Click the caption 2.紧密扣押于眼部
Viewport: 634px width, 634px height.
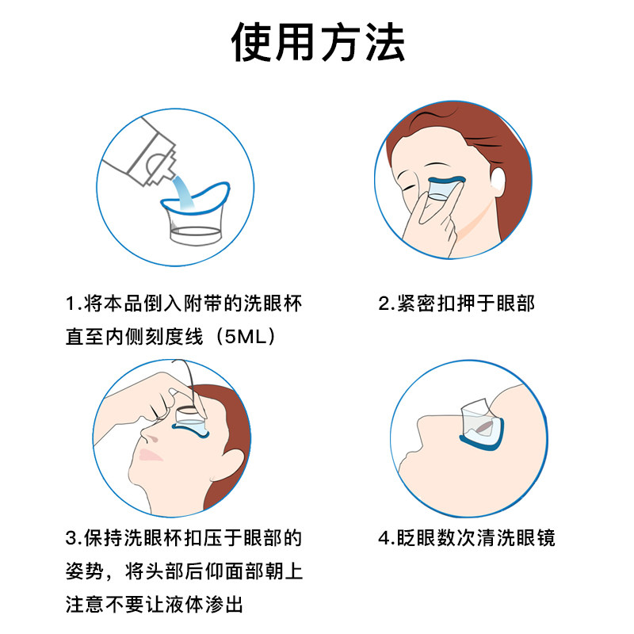(456, 304)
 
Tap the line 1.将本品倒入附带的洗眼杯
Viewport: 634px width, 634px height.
(183, 304)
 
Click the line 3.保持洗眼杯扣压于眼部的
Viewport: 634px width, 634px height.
(183, 539)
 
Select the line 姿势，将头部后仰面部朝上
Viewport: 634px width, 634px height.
(183, 572)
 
